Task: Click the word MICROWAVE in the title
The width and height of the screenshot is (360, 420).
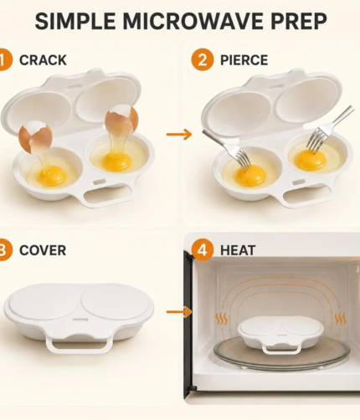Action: pos(192,21)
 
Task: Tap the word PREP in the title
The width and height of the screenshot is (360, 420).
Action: pos(298,21)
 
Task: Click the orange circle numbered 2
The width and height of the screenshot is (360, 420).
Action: pos(203,59)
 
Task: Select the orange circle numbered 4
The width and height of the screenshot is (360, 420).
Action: pos(203,250)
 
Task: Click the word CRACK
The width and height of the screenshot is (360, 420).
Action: pos(43,60)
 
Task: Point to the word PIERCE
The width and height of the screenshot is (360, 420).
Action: pos(244,60)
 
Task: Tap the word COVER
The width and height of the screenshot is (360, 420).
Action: pos(43,250)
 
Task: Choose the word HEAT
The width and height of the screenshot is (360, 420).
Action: pos(238,250)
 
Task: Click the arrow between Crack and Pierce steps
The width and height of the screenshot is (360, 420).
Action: pos(179,135)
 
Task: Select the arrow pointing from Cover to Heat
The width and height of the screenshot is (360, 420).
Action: pos(179,311)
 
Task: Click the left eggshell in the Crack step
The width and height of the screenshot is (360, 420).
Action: pos(35,136)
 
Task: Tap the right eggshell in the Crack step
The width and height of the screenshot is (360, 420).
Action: pos(121,119)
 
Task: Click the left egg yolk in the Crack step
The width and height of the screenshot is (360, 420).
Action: pos(52,176)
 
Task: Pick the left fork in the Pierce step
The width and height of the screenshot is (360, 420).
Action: pos(227,150)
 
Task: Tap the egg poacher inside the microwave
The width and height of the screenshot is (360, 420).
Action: pos(280,335)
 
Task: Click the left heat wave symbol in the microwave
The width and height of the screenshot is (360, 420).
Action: pos(221,319)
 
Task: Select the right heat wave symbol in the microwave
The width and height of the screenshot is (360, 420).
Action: pos(340,319)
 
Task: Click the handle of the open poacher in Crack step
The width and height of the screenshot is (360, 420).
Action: pos(107,195)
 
